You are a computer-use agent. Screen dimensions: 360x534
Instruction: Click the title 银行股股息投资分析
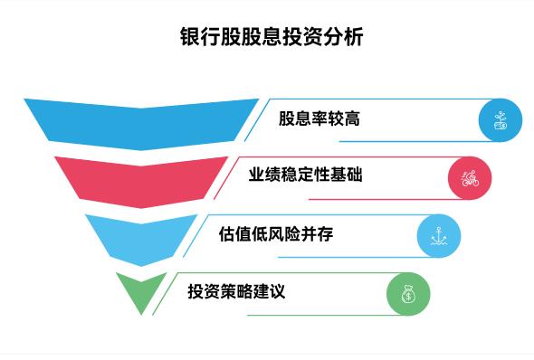(x=266, y=39)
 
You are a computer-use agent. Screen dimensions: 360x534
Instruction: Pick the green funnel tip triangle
(x=141, y=289)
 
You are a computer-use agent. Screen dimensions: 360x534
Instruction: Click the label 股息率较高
(x=319, y=119)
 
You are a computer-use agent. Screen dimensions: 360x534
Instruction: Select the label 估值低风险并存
(x=277, y=234)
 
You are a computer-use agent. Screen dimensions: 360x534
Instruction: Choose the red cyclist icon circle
(x=469, y=177)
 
